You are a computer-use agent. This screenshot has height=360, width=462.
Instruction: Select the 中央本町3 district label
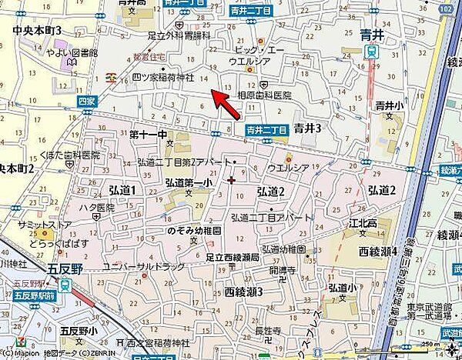pos(37,30)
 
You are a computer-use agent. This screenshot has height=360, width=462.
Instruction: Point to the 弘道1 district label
pos(122,190)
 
